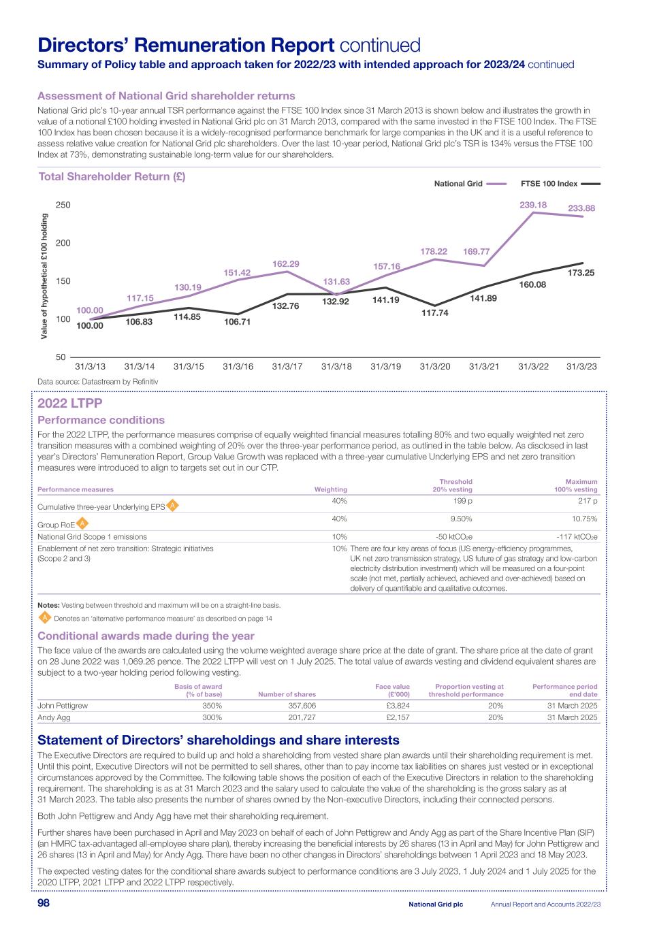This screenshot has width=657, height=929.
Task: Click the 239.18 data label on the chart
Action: (533, 204)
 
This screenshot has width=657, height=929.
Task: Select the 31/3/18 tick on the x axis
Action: (336, 366)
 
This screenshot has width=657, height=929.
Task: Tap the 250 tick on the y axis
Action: (63, 205)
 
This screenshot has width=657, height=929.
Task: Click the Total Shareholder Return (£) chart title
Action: (112, 177)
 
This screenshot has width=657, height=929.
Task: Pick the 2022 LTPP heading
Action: (70, 404)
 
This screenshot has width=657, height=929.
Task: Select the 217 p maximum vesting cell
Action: (587, 501)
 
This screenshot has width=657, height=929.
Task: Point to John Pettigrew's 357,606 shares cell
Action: (299, 706)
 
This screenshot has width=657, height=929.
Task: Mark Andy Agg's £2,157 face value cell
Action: (398, 717)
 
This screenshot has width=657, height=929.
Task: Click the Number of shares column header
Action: (287, 694)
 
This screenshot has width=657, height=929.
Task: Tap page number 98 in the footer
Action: (44, 903)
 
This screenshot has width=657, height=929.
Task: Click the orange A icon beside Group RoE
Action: (82, 523)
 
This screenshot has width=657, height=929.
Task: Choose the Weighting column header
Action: (330, 489)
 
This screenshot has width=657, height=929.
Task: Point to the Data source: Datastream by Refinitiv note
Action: (97, 382)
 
